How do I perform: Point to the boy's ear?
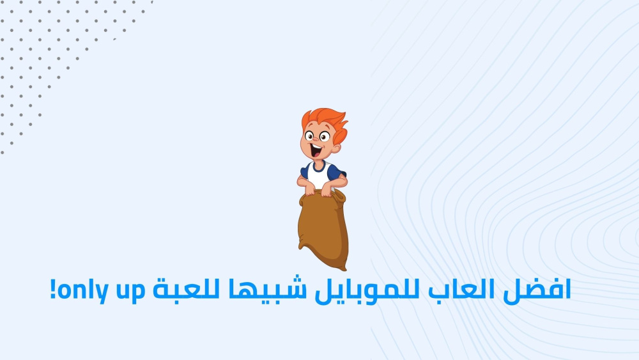(336, 148)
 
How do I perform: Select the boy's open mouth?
(316, 150)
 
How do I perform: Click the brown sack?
(323, 230)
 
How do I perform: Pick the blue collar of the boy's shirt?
(319, 166)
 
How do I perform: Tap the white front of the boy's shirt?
(319, 176)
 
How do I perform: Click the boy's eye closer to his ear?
(325, 136)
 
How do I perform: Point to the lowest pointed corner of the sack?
(345, 269)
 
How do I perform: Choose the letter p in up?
(139, 293)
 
